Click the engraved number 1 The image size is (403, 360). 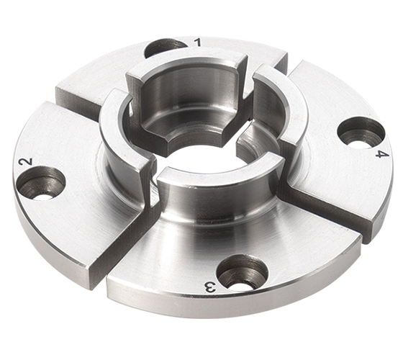[x=197, y=42]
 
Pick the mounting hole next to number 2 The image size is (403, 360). [x=41, y=183]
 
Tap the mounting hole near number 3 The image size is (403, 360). [x=242, y=272]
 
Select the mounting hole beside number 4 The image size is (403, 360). [x=361, y=131]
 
